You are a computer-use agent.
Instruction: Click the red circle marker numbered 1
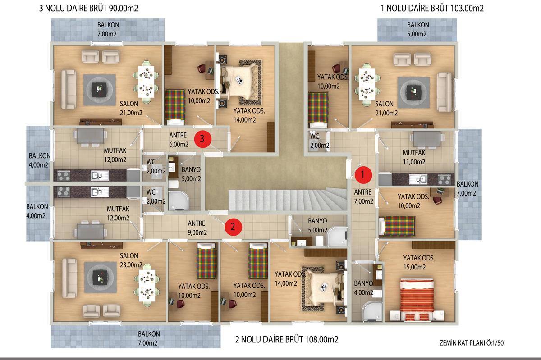(363, 175)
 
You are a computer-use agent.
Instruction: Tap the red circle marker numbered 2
(234, 227)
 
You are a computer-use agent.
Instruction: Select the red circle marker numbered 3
(202, 139)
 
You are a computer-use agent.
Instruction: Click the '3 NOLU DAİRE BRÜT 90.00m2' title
(89, 8)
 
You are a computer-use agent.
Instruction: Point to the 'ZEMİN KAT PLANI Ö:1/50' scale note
(472, 343)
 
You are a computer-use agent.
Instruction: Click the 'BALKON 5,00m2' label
(418, 29)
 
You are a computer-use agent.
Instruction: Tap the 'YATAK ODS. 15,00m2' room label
(419, 263)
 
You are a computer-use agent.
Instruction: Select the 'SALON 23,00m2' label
(131, 260)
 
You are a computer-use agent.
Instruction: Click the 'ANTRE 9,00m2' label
(197, 228)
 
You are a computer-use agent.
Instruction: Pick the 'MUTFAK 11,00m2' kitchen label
(414, 157)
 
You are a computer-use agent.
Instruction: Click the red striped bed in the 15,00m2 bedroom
(417, 299)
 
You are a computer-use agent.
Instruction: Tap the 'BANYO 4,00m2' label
(363, 288)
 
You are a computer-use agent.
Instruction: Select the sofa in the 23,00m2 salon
(69, 278)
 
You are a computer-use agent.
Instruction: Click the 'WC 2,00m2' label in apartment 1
(319, 141)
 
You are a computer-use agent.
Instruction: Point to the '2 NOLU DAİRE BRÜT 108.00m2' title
(287, 339)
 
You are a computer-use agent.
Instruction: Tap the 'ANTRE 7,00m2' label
(363, 197)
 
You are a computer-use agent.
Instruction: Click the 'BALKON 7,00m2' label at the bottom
(149, 338)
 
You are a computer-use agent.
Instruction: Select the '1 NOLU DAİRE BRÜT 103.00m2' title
(432, 8)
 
